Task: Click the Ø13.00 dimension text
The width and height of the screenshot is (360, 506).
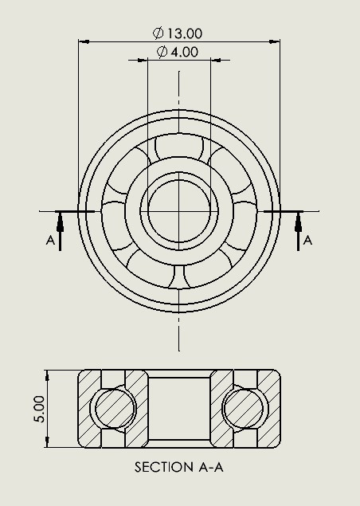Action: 178,33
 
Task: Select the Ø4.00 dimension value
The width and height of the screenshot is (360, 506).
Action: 178,52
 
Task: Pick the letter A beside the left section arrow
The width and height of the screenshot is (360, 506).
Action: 50,240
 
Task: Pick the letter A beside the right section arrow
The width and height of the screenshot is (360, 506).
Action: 308,240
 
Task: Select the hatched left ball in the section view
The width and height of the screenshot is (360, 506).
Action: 114,409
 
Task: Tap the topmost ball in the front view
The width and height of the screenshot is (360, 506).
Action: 179,151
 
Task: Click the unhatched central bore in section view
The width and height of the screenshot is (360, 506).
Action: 179,409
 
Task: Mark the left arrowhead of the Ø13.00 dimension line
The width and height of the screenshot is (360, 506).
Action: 83,42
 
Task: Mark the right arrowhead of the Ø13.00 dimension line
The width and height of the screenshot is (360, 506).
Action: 276,42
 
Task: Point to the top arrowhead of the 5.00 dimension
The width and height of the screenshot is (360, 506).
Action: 49,374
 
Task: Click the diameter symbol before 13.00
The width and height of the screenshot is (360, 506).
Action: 158,33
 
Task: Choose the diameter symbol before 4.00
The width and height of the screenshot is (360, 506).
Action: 162,52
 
